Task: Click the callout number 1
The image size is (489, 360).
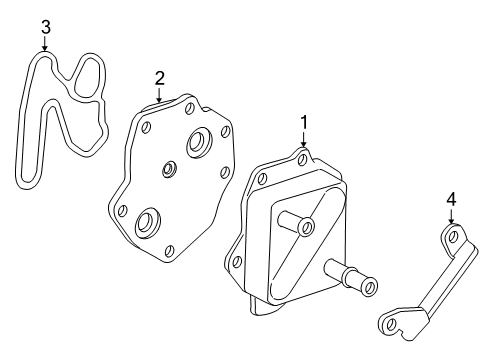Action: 303,121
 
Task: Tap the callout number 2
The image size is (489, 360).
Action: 159,77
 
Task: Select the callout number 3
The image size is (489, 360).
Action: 45,26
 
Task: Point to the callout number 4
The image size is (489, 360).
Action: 451,200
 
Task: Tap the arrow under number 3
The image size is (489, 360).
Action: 45,46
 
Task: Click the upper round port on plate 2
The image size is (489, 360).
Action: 194,143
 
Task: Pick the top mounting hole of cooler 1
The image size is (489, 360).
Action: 301,156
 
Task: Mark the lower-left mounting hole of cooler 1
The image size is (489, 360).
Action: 238,263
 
